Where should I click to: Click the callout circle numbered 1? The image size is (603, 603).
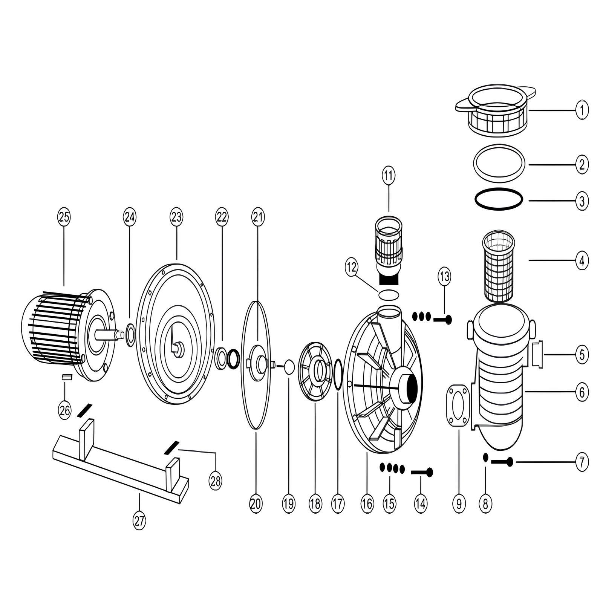coord(582,110)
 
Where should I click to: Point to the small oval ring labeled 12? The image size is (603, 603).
coord(389,294)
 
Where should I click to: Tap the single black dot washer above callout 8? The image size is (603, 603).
coord(486,457)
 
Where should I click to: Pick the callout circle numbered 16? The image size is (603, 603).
coord(367,504)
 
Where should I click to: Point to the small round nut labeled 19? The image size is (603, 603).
coord(289,367)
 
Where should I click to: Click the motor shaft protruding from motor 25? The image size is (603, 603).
coord(109,334)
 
